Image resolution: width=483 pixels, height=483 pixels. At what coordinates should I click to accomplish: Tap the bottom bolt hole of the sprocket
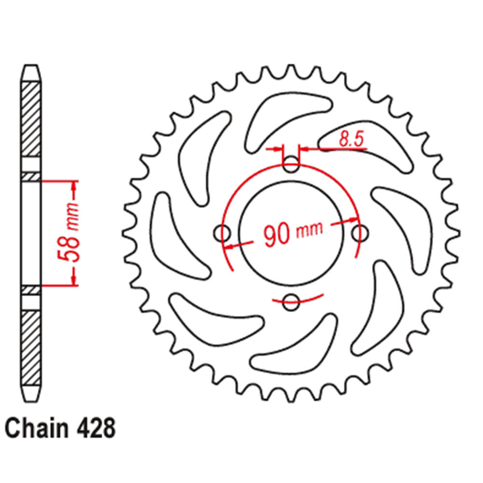tap(290, 303)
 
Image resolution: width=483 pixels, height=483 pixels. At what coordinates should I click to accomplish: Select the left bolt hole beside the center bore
tap(222, 234)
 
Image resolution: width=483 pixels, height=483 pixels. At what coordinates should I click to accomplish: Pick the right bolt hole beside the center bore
tap(358, 234)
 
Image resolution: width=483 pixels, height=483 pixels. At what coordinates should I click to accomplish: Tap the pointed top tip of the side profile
tap(31, 68)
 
